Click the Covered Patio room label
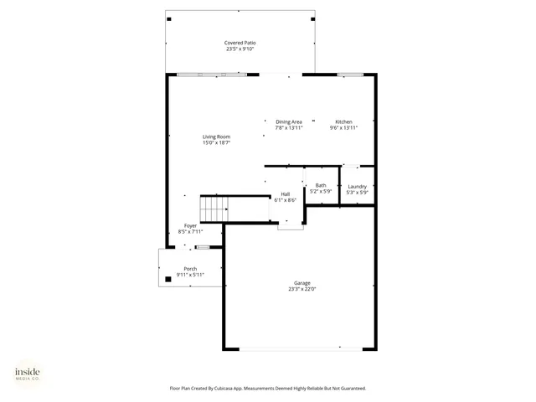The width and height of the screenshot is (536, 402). coord(240,43)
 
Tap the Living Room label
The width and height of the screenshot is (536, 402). coord(216,137)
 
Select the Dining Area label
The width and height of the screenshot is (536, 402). coord(288,121)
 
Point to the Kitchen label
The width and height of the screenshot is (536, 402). coord(344,121)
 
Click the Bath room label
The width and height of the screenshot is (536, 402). coord(321,185)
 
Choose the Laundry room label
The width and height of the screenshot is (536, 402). coord(358,186)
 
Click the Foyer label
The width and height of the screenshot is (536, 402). coord(191,226)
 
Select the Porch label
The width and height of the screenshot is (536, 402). coord(191,268)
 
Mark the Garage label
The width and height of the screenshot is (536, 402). coord(301,283)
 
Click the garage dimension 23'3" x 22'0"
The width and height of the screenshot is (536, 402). coord(301,290)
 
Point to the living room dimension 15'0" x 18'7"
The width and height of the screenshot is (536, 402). coord(216,143)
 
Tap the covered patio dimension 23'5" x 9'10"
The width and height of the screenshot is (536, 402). coord(240,49)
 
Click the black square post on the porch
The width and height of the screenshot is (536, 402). coord(167,279)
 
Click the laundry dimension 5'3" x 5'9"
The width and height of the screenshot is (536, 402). coord(358,193)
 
